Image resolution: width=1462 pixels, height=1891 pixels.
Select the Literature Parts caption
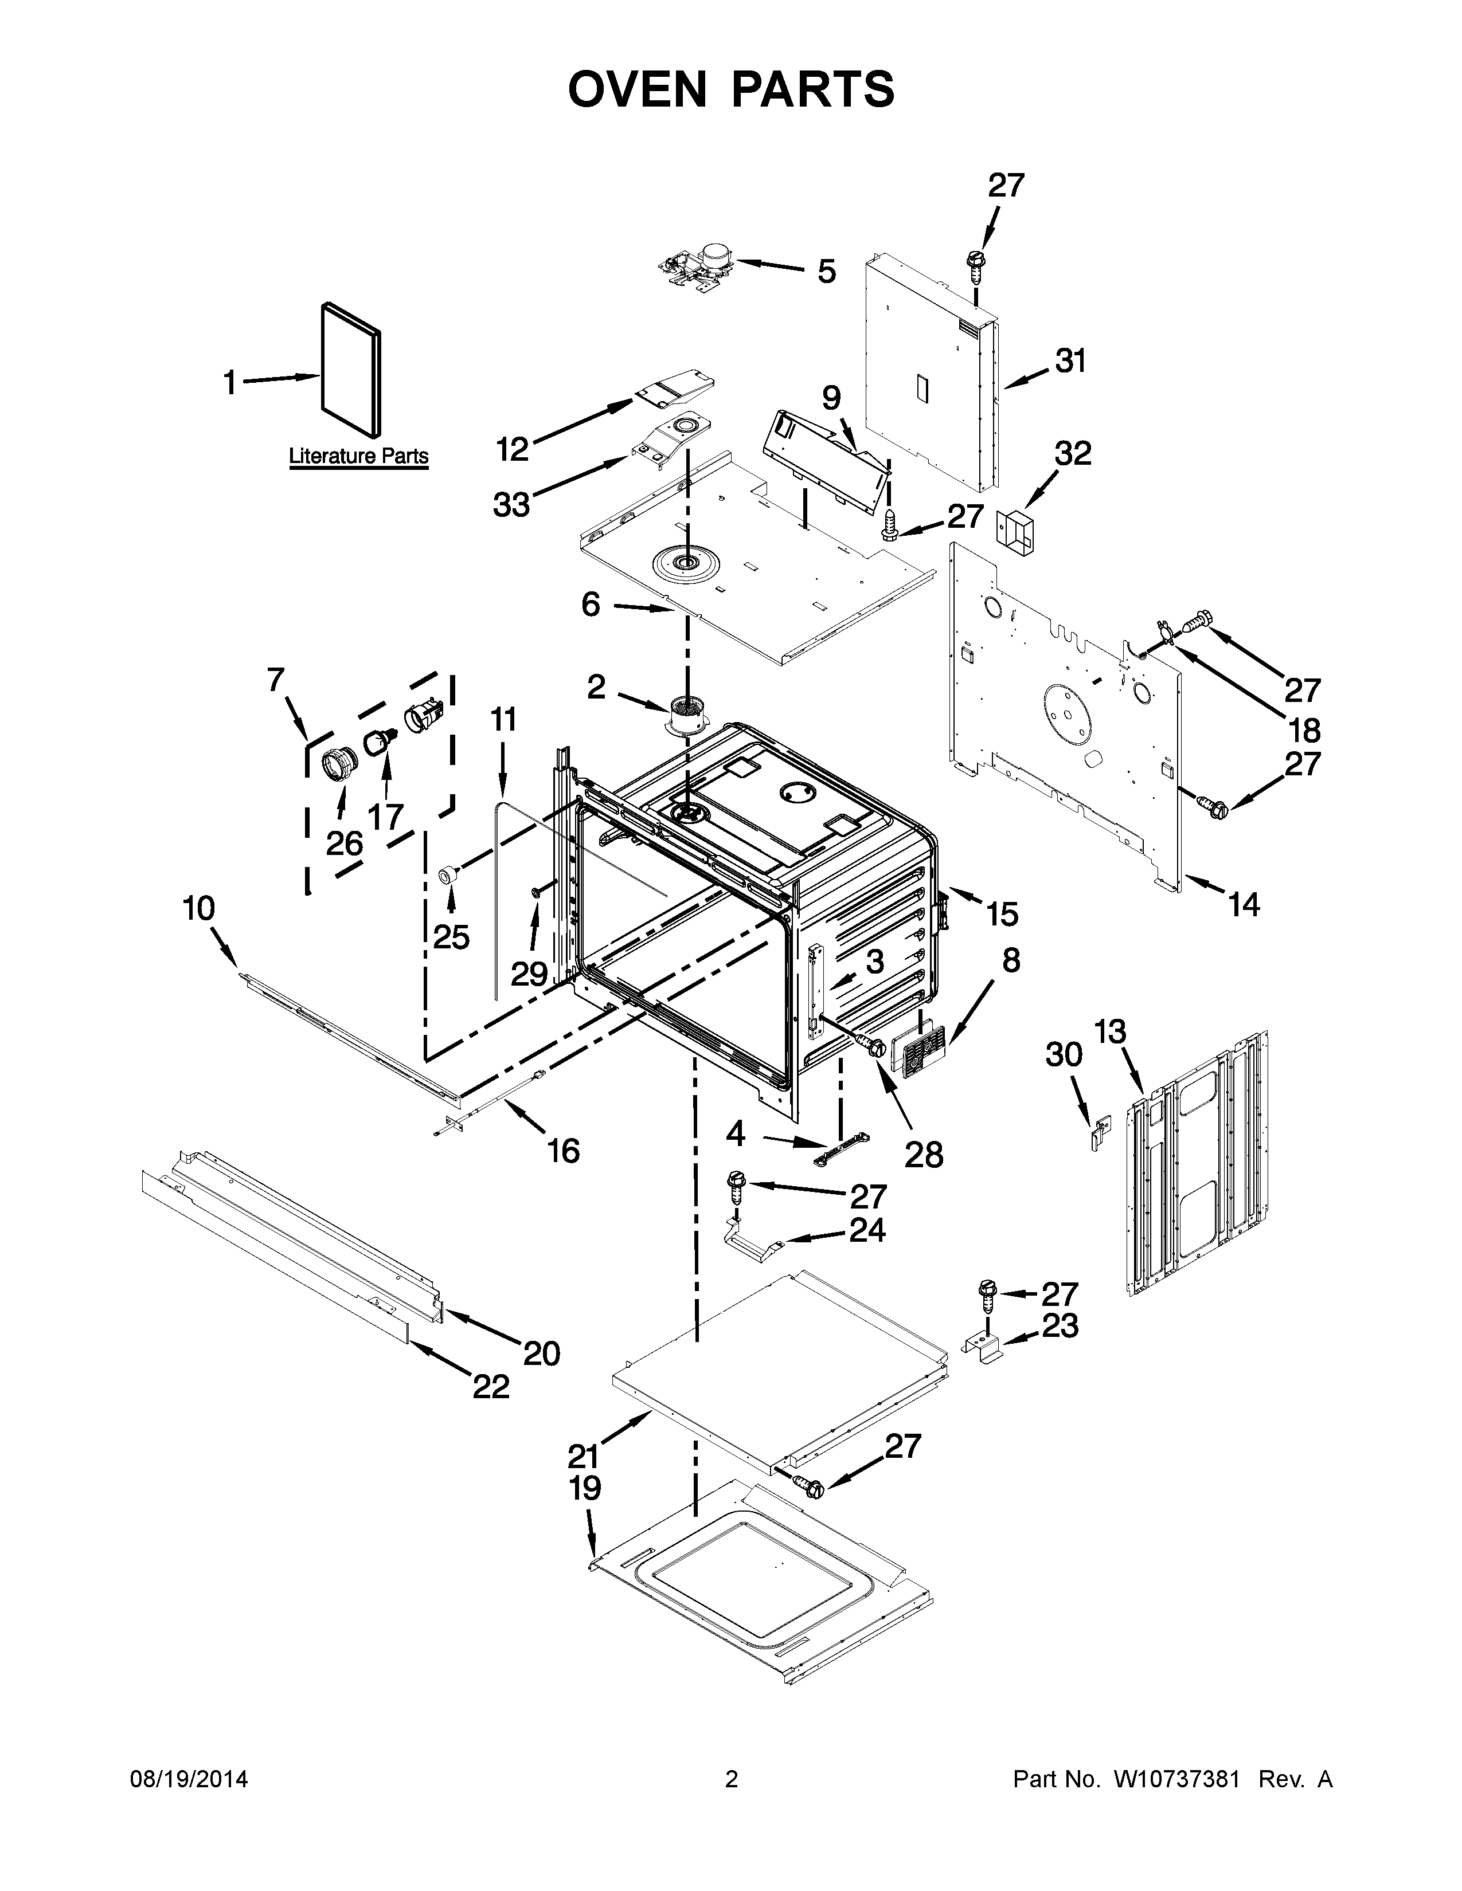358,456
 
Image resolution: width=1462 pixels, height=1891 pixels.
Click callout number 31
1070,361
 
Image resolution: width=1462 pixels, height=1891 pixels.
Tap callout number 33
511,504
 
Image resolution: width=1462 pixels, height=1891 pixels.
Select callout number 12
512,449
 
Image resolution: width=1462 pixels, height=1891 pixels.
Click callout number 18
1304,730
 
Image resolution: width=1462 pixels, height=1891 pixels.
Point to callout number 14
1243,905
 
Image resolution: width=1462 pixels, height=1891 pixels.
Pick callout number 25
451,937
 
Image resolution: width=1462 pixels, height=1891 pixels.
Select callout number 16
563,1151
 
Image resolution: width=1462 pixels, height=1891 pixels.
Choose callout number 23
1060,1325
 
